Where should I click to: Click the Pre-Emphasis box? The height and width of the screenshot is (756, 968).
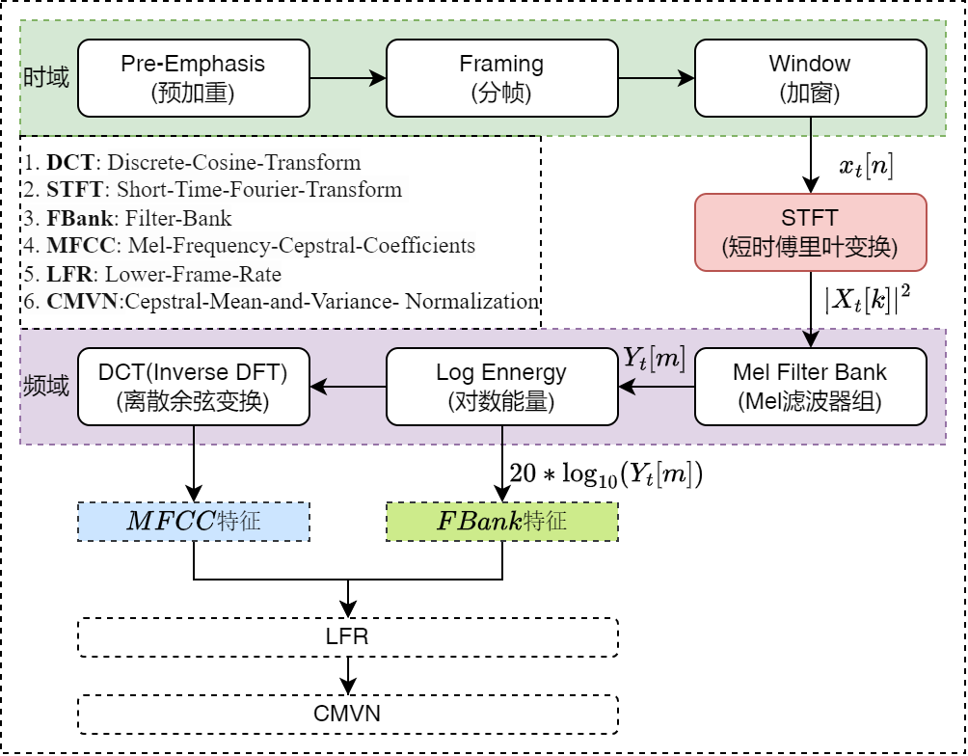click(193, 77)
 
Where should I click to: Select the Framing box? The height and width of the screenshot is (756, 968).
click(501, 77)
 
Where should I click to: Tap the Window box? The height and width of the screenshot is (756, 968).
click(810, 77)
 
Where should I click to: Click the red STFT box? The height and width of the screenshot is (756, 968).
click(810, 232)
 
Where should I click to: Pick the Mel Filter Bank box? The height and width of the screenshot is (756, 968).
click(810, 387)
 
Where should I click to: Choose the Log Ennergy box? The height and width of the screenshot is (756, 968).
click(501, 387)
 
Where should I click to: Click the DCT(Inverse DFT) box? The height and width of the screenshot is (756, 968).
click(193, 387)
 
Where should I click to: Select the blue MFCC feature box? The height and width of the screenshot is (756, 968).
click(193, 522)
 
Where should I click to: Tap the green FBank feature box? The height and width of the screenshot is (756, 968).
click(501, 522)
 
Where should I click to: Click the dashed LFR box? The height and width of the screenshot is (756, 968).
click(347, 637)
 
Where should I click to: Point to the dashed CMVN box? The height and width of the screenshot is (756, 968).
click(347, 715)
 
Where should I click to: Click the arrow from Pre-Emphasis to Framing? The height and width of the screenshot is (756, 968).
click(347, 77)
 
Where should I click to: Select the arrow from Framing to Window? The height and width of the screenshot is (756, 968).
click(656, 77)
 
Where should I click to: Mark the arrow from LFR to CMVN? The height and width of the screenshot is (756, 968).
click(347, 675)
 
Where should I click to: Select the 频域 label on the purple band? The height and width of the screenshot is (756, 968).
click(45, 388)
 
